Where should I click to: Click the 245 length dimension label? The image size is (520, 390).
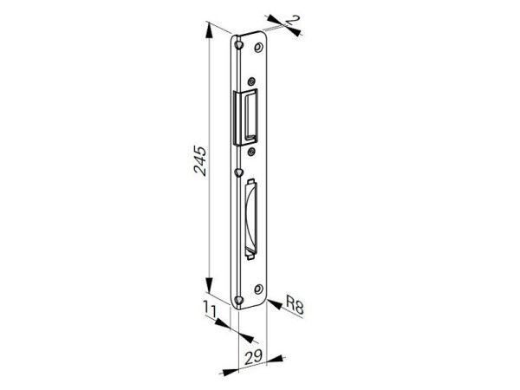[x=200, y=160]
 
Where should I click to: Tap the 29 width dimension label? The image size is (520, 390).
[x=253, y=357]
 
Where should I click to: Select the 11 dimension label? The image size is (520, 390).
[x=210, y=311]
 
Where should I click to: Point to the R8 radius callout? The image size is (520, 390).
[x=295, y=305]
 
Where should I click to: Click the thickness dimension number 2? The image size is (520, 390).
[x=292, y=20]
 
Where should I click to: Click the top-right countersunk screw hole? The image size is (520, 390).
[x=258, y=47]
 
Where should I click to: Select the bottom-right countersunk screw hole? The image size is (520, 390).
[x=258, y=289]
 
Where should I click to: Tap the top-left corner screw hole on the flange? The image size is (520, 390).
[x=238, y=44]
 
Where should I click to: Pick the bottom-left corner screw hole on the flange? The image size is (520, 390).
[x=238, y=300]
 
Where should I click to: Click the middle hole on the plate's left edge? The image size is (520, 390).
[x=238, y=172]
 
